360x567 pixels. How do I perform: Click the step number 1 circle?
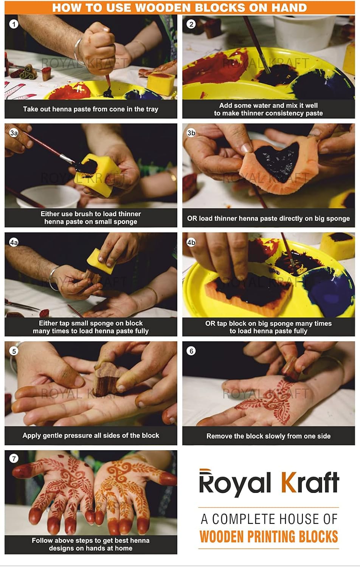tap(14, 24)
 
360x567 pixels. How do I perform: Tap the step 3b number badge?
tap(191, 133)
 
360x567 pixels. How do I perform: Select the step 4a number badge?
tap(14, 242)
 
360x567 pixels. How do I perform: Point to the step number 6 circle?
tap(191, 351)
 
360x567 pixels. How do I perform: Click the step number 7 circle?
tap(14, 459)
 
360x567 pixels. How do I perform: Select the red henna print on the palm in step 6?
tap(268, 400)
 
